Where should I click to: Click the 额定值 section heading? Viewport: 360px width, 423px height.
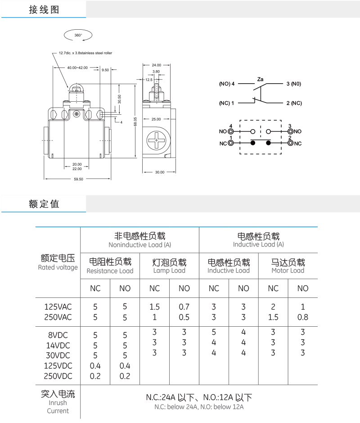[44, 204]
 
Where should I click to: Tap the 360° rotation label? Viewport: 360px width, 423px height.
[78, 35]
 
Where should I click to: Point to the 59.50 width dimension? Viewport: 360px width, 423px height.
[78, 179]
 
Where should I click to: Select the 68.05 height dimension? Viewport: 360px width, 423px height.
[135, 121]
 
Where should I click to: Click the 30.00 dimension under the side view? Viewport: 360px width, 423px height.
[159, 172]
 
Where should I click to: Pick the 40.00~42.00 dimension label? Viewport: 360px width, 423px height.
[77, 67]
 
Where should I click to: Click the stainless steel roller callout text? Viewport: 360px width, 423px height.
[85, 53]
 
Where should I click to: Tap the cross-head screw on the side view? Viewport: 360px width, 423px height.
[156, 141]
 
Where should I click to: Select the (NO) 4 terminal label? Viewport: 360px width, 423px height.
[227, 84]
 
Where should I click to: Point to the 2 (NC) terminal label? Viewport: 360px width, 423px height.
[294, 103]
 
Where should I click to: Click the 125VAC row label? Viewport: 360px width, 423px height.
[58, 307]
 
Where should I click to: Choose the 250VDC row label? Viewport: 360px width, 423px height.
[58, 376]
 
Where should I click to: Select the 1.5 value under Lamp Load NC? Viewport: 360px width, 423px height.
[154, 307]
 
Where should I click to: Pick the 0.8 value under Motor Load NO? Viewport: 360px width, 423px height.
[303, 317]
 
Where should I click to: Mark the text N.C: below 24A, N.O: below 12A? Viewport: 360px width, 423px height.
[198, 407]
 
